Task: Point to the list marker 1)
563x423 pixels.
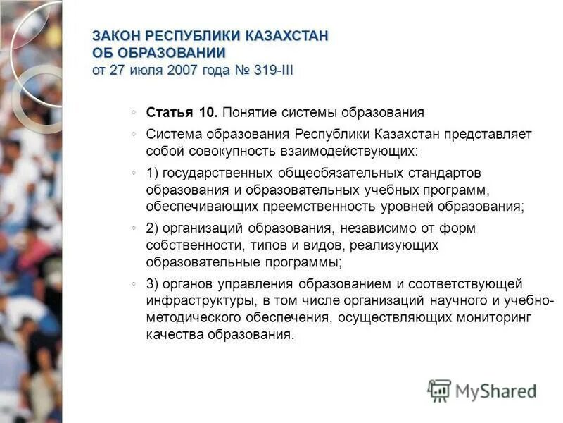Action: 153,173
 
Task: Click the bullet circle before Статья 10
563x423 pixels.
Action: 134,112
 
